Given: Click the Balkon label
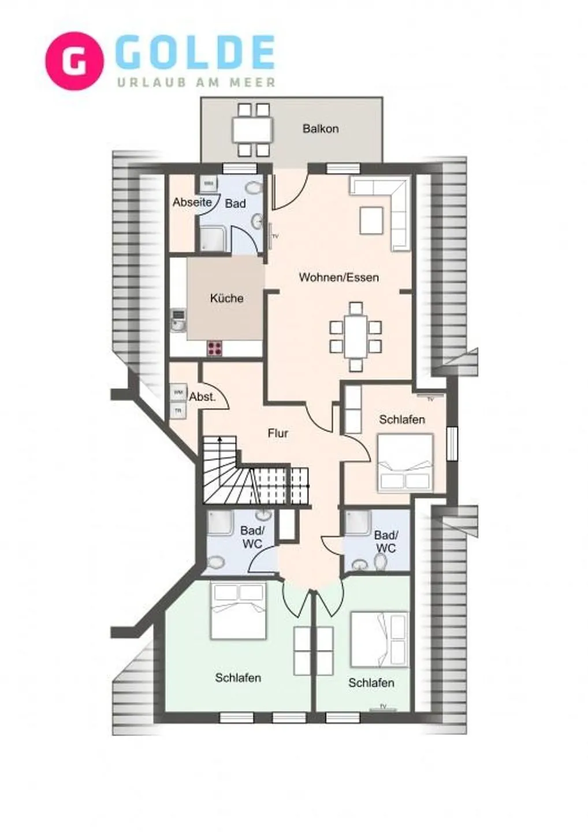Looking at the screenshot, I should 321,129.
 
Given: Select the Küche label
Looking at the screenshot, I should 226,298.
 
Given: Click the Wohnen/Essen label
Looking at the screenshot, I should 338,277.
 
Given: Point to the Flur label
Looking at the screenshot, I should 278,433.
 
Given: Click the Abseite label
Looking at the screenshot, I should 192,203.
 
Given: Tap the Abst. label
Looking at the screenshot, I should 202,397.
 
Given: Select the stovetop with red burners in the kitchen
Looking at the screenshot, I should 215,348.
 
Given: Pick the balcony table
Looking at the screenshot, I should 252,130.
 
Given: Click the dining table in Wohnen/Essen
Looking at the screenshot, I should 356,337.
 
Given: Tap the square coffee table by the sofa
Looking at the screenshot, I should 371,220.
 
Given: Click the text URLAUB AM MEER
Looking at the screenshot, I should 196,83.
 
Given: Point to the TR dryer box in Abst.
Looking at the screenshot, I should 178,411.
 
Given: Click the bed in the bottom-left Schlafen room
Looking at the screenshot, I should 239,611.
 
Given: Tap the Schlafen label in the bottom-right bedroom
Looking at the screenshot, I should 371,683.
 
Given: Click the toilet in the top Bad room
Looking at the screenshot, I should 252,189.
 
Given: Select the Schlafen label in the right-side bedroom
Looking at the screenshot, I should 402,419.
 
